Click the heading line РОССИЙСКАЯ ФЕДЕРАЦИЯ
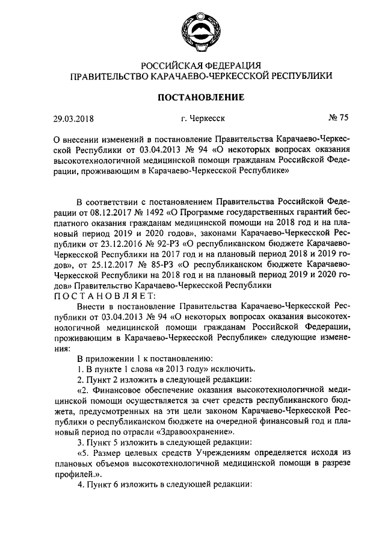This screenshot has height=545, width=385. pyautogui.click(x=201, y=66)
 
